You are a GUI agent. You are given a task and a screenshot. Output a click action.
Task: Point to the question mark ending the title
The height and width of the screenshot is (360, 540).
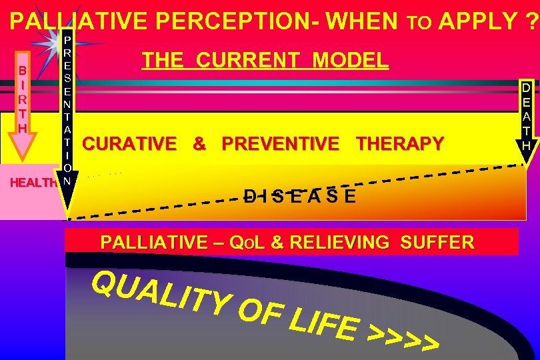click(x=529, y=22)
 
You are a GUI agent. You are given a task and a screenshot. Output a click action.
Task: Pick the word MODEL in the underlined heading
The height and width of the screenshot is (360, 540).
click(x=351, y=61)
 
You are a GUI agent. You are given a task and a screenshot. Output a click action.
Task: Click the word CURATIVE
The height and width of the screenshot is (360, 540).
click(x=129, y=143)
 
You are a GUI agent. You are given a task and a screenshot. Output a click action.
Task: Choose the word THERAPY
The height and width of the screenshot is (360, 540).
click(x=400, y=143)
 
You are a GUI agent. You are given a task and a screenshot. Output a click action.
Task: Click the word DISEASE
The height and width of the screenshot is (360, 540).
click(x=299, y=196)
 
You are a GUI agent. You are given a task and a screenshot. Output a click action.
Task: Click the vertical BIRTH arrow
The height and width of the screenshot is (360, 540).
click(x=23, y=107)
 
